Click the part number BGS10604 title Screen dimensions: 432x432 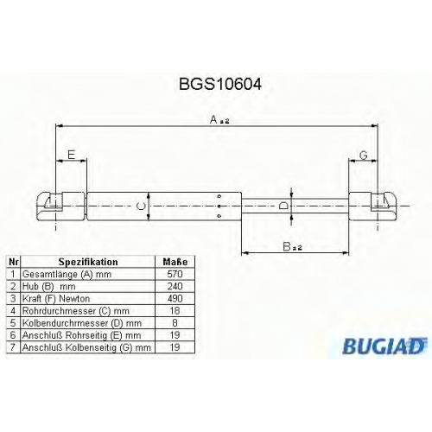pyautogui.click(x=220, y=84)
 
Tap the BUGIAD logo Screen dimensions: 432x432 pyautogui.click(x=384, y=346)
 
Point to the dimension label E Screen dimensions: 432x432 pyautogui.click(x=71, y=155)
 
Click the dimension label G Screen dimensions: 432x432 pyautogui.click(x=364, y=156)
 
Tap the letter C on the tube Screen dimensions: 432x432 pyautogui.click(x=140, y=206)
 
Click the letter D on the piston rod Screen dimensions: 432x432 pyautogui.click(x=283, y=206)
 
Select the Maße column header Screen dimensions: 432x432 pyautogui.click(x=175, y=262)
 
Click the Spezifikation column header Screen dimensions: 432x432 pyautogui.click(x=88, y=262)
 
